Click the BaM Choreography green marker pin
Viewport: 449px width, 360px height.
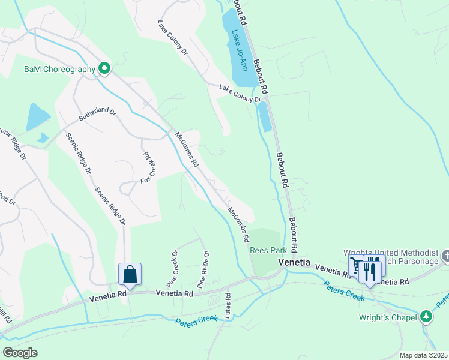point(104,69)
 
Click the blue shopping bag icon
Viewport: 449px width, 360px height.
point(130,275)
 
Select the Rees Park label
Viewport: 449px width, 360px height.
point(267,251)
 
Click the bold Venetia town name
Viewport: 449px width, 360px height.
point(294,263)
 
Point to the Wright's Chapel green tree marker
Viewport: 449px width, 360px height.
point(426,316)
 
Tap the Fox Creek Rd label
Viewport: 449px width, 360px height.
point(148,168)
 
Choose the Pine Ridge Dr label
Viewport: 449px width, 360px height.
point(202,269)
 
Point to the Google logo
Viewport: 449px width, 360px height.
point(20,353)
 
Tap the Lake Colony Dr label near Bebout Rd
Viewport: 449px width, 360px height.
point(240,94)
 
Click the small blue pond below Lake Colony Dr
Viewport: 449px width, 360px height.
point(264,116)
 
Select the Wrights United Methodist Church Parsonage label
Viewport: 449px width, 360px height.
point(390,257)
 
